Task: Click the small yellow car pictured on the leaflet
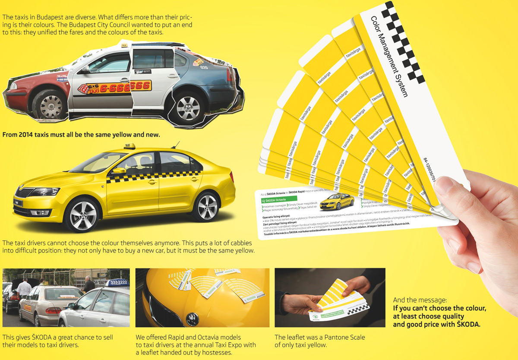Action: [336, 201]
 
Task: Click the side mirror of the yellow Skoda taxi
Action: [120, 171]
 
